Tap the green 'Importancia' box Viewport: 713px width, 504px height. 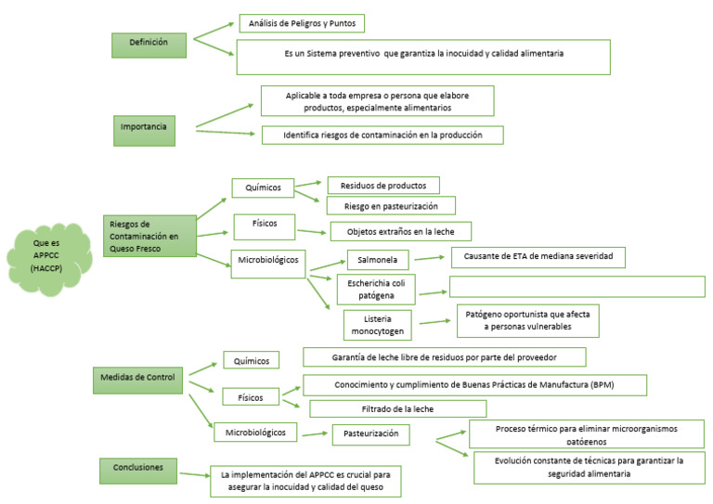point(144,126)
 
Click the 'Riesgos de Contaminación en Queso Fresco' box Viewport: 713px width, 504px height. point(149,236)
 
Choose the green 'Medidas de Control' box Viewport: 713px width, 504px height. point(136,378)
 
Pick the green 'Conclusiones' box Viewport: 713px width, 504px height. point(137,468)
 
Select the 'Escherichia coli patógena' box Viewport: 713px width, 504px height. point(375,290)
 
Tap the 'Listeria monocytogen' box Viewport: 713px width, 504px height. point(377,324)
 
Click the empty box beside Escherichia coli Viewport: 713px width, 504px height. point(577,287)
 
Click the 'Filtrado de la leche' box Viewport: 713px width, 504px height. point(397,408)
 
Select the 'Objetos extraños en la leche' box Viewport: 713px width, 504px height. point(401,231)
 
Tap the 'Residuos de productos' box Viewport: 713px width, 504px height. point(382,185)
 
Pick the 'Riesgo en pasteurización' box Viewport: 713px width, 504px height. point(390,205)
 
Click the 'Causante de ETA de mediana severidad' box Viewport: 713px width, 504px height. point(538,256)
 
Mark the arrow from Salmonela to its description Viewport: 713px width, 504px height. point(431,259)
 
